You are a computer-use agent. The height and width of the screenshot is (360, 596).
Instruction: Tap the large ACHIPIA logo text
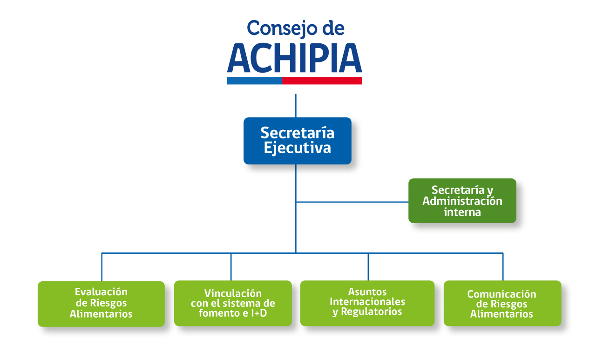tap(295, 58)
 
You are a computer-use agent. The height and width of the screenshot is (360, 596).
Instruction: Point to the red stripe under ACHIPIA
tap(322, 81)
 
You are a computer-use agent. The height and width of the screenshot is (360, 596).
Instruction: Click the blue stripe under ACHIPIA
tap(255, 81)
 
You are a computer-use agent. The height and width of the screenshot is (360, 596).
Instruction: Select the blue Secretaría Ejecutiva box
tap(298, 141)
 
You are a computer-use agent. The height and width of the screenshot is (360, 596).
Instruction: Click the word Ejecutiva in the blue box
tap(297, 148)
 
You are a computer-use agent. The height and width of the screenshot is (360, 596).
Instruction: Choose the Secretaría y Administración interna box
tap(462, 201)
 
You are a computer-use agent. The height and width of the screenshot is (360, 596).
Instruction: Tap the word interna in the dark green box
tap(462, 212)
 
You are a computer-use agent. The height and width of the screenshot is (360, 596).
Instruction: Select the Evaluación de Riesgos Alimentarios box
tap(101, 304)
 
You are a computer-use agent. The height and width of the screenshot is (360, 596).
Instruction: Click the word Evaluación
tap(101, 292)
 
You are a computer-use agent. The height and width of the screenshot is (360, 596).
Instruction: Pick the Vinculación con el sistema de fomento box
tap(233, 303)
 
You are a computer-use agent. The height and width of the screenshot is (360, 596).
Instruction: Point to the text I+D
tap(259, 313)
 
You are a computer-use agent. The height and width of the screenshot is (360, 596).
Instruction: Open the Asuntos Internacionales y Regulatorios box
tap(367, 303)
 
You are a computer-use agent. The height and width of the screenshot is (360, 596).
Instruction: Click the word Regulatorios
tap(372, 312)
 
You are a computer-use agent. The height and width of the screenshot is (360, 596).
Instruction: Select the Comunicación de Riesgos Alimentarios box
tap(502, 303)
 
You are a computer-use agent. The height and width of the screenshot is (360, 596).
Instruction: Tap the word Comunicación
tap(501, 294)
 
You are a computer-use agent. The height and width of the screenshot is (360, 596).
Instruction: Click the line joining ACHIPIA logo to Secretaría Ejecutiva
tap(296, 106)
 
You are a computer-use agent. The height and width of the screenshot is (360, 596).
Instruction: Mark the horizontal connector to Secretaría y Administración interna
tap(352, 202)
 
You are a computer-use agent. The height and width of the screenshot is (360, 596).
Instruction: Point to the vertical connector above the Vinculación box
tap(231, 267)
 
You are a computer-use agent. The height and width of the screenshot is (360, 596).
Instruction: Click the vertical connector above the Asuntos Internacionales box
tap(368, 267)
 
